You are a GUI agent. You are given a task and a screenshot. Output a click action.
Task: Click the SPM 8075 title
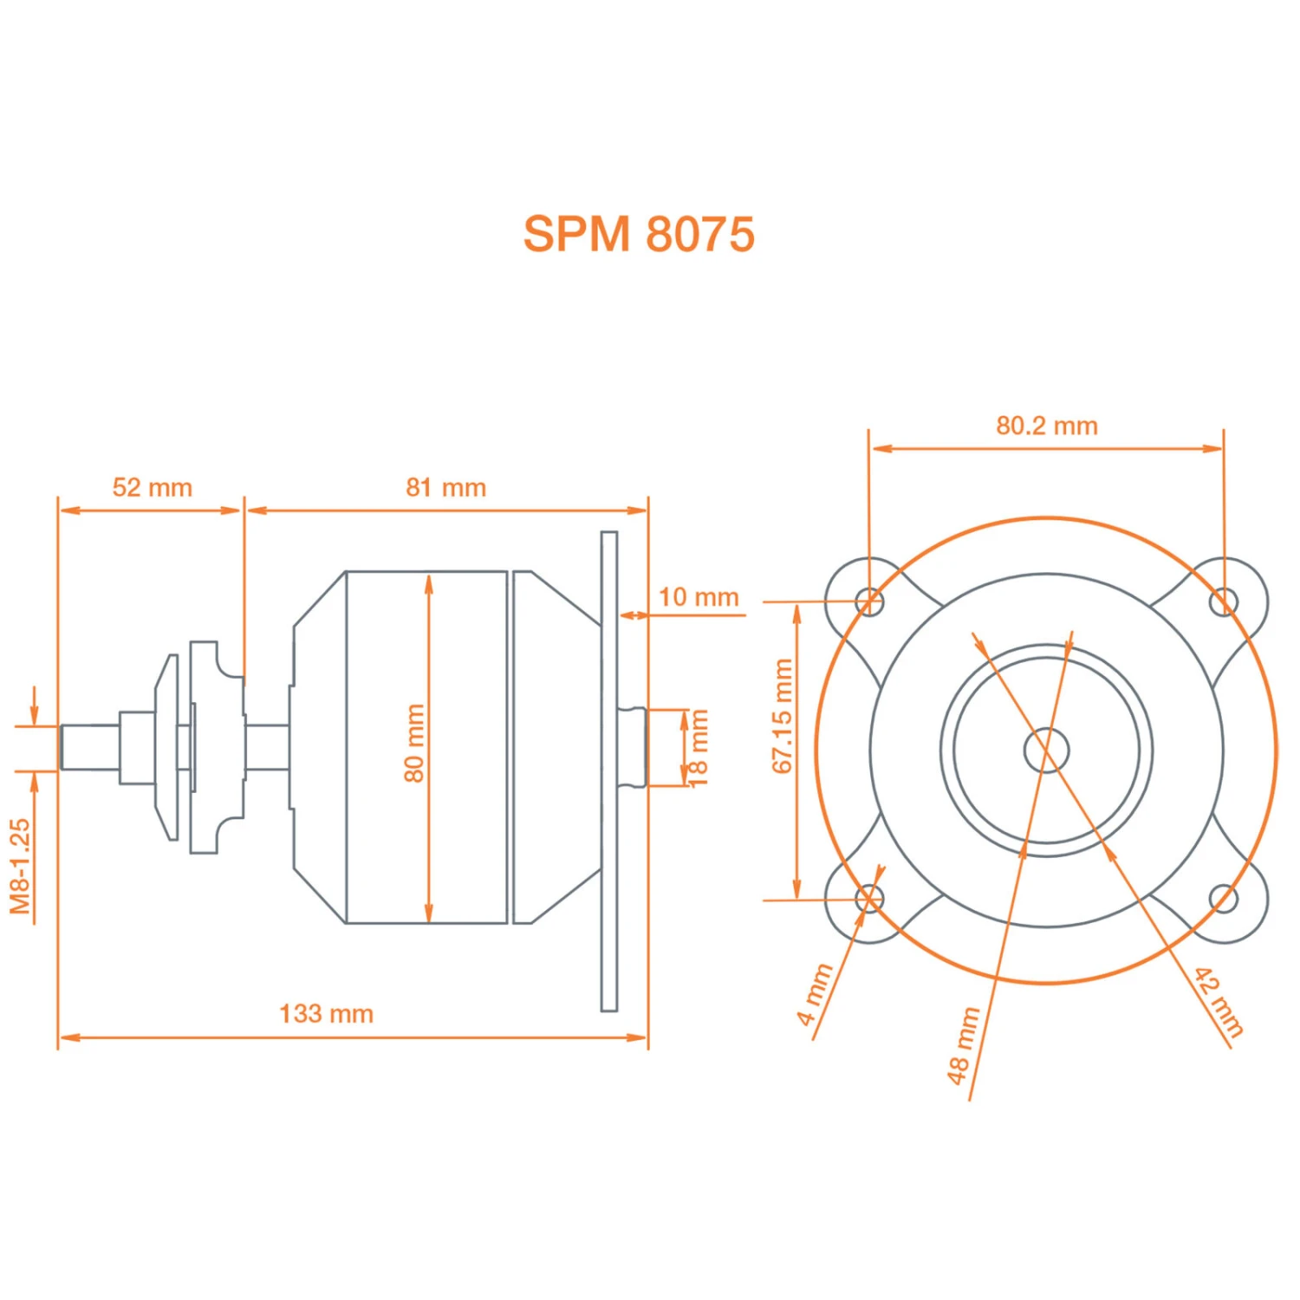click(639, 234)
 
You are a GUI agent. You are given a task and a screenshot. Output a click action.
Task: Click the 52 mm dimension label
click(153, 487)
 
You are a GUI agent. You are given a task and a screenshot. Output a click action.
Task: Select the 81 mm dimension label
click(445, 487)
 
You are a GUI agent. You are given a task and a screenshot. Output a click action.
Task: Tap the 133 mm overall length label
click(326, 1013)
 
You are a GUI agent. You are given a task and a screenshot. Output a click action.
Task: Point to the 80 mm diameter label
click(414, 743)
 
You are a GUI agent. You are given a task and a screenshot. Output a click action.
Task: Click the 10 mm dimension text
click(698, 597)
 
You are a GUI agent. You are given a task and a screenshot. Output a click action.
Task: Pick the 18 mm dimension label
click(698, 747)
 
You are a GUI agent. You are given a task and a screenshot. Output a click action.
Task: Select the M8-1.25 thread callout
click(20, 866)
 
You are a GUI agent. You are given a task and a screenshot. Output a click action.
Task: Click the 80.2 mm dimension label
click(1046, 426)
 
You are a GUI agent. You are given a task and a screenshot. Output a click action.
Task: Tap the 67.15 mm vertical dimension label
click(782, 716)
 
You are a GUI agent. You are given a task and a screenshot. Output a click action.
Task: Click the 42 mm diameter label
click(1219, 1003)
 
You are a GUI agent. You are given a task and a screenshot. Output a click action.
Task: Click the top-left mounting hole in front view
click(869, 601)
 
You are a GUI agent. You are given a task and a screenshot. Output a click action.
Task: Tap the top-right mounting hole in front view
click(1224, 601)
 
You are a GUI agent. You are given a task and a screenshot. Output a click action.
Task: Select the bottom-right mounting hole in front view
click(1224, 899)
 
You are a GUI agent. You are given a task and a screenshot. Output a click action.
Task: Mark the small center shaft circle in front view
click(1046, 751)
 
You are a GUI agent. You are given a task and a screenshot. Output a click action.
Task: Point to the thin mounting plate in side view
click(609, 770)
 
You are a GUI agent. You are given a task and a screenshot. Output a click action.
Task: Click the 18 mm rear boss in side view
click(634, 747)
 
